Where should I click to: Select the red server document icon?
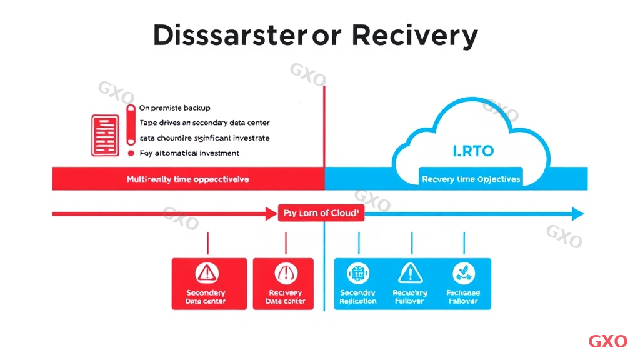coord(105,135)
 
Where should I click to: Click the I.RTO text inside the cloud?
coord(473,151)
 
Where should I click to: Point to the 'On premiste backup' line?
coord(175,108)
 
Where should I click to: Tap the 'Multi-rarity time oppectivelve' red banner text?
coord(187,179)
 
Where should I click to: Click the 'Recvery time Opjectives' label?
coord(471,179)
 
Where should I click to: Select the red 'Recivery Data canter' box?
coord(285,284)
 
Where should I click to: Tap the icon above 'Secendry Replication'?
coord(358,273)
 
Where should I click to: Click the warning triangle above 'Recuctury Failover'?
coord(410,273)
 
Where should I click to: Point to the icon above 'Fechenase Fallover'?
coord(463,273)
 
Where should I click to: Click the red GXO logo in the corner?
coord(607,341)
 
